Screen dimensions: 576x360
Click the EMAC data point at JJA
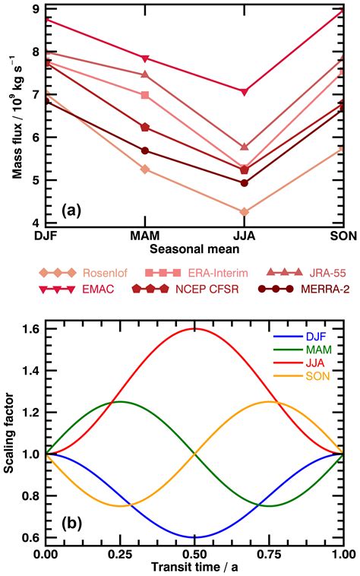tap(244, 92)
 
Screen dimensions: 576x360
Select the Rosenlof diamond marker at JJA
tap(244, 212)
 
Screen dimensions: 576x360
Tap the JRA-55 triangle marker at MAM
tap(145, 74)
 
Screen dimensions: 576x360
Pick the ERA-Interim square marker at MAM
tap(145, 95)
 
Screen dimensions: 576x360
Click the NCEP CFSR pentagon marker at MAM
tap(145, 127)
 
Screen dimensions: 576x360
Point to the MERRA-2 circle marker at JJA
tap(244, 182)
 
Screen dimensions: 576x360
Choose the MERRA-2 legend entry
tap(302, 289)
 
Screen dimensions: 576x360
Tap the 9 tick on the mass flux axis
tap(36, 9)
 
